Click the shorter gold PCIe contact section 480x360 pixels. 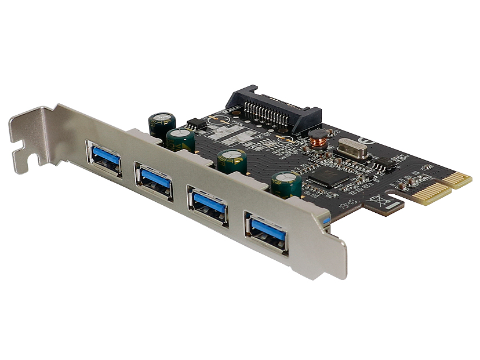(x=457, y=180)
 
